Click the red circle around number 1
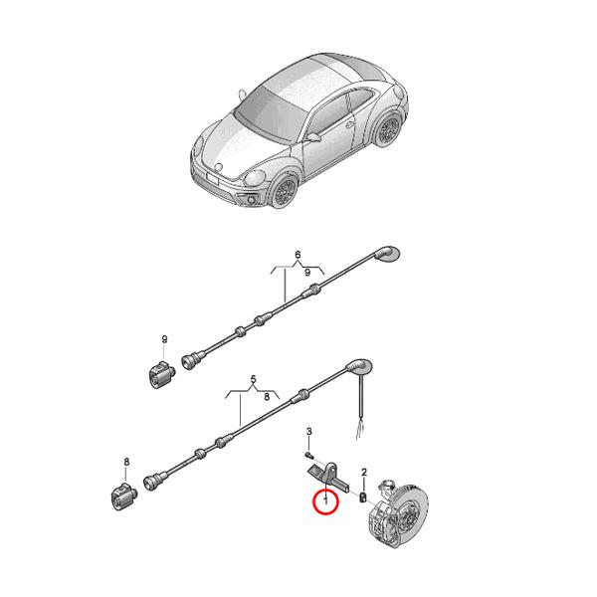coord(325,503)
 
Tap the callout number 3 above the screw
coord(309,431)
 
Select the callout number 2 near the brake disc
coord(364,471)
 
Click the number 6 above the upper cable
coord(297,256)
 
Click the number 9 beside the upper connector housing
coord(165,339)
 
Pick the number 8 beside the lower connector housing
coord(126,462)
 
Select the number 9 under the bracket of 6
coord(307,272)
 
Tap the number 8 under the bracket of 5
coord(267,395)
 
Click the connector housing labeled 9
coord(159,375)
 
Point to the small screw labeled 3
coord(309,449)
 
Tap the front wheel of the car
coord(287,191)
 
